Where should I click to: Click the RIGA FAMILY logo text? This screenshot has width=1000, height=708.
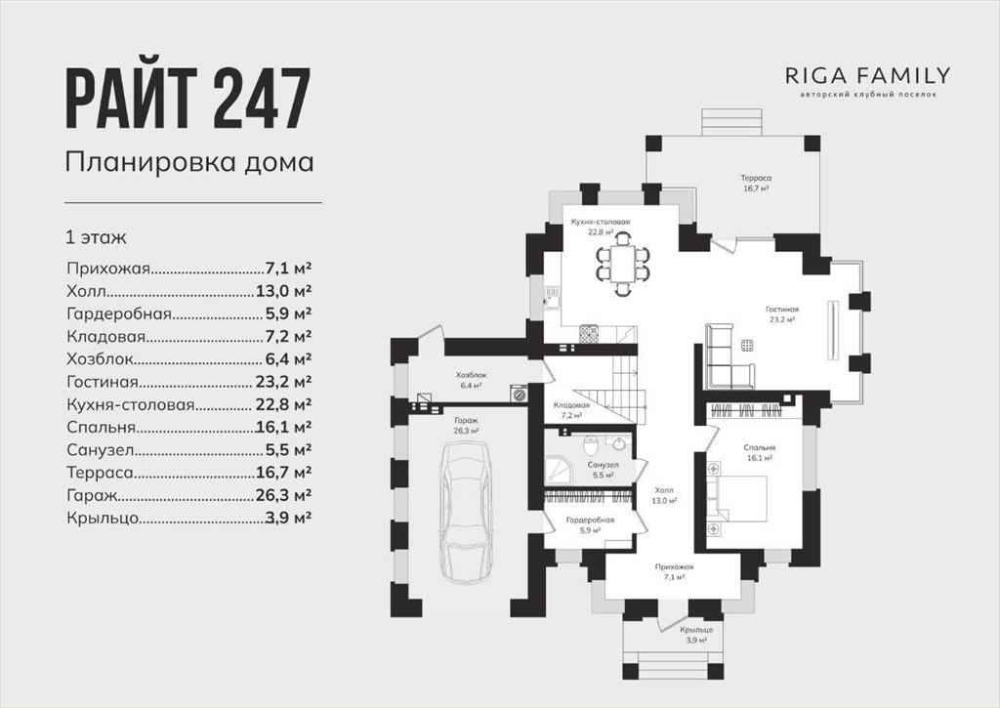pyautogui.click(x=867, y=76)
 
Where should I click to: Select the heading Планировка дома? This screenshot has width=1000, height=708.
pyautogui.click(x=189, y=162)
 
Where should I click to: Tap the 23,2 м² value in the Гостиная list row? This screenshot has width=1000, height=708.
pyautogui.click(x=283, y=382)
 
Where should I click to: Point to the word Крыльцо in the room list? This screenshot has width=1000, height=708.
pyautogui.click(x=103, y=519)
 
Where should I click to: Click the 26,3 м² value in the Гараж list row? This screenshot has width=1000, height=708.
pyautogui.click(x=283, y=495)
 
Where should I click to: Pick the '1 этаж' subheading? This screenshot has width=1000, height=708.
pyautogui.click(x=97, y=237)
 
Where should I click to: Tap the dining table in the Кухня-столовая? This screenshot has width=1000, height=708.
pyautogui.click(x=623, y=264)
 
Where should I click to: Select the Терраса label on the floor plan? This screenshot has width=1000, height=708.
pyautogui.click(x=756, y=178)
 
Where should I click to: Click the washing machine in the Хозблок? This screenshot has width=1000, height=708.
pyautogui.click(x=520, y=394)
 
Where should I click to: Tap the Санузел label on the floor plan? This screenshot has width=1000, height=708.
pyautogui.click(x=603, y=465)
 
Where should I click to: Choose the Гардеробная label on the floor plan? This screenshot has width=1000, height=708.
pyautogui.click(x=590, y=520)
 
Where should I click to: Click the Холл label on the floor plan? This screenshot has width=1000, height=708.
pyautogui.click(x=664, y=490)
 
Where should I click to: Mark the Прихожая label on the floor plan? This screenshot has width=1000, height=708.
pyautogui.click(x=674, y=566)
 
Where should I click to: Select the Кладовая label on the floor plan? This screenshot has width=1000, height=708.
pyautogui.click(x=571, y=405)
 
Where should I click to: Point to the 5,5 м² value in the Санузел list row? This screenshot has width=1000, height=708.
pyautogui.click(x=288, y=449)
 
